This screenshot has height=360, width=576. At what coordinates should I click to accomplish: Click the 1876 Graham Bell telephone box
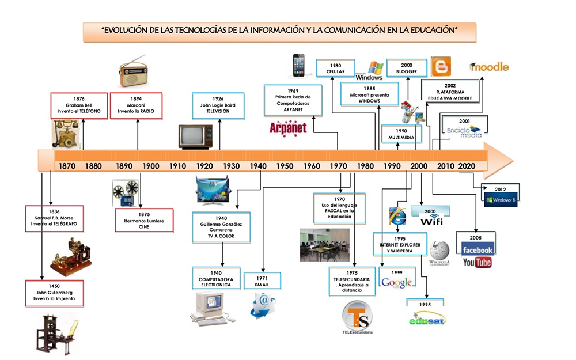[79, 105]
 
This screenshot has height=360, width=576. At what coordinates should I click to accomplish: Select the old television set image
[195, 137]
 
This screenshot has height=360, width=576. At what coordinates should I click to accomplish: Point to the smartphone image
[298, 65]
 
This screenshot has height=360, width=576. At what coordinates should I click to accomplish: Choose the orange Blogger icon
[442, 67]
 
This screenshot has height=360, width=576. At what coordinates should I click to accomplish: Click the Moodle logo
[489, 67]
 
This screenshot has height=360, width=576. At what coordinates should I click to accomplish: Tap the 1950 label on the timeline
[285, 166]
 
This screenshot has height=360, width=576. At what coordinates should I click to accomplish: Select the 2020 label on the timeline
[467, 166]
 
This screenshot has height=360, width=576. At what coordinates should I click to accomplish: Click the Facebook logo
[478, 249]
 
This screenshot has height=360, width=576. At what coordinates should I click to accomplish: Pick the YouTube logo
[477, 263]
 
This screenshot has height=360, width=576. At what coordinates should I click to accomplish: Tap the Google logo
[397, 282]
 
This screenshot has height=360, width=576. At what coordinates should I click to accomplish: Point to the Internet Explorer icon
[397, 215]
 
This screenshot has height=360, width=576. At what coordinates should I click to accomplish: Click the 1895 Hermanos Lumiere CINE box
[145, 221]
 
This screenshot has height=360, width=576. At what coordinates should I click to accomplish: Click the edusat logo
[427, 319]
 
